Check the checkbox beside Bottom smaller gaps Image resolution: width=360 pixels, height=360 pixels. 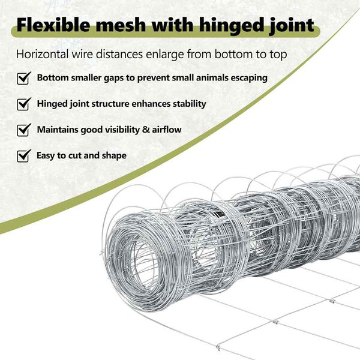[23, 79]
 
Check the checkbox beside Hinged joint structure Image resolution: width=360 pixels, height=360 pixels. [23, 104]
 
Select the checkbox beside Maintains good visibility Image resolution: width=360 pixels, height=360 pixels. [23, 130]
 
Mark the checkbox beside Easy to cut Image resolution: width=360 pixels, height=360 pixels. [23, 156]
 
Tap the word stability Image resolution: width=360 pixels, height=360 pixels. [188, 104]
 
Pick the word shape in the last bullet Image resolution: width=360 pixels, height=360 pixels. [113, 156]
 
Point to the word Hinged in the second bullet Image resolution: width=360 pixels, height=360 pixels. [52, 104]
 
